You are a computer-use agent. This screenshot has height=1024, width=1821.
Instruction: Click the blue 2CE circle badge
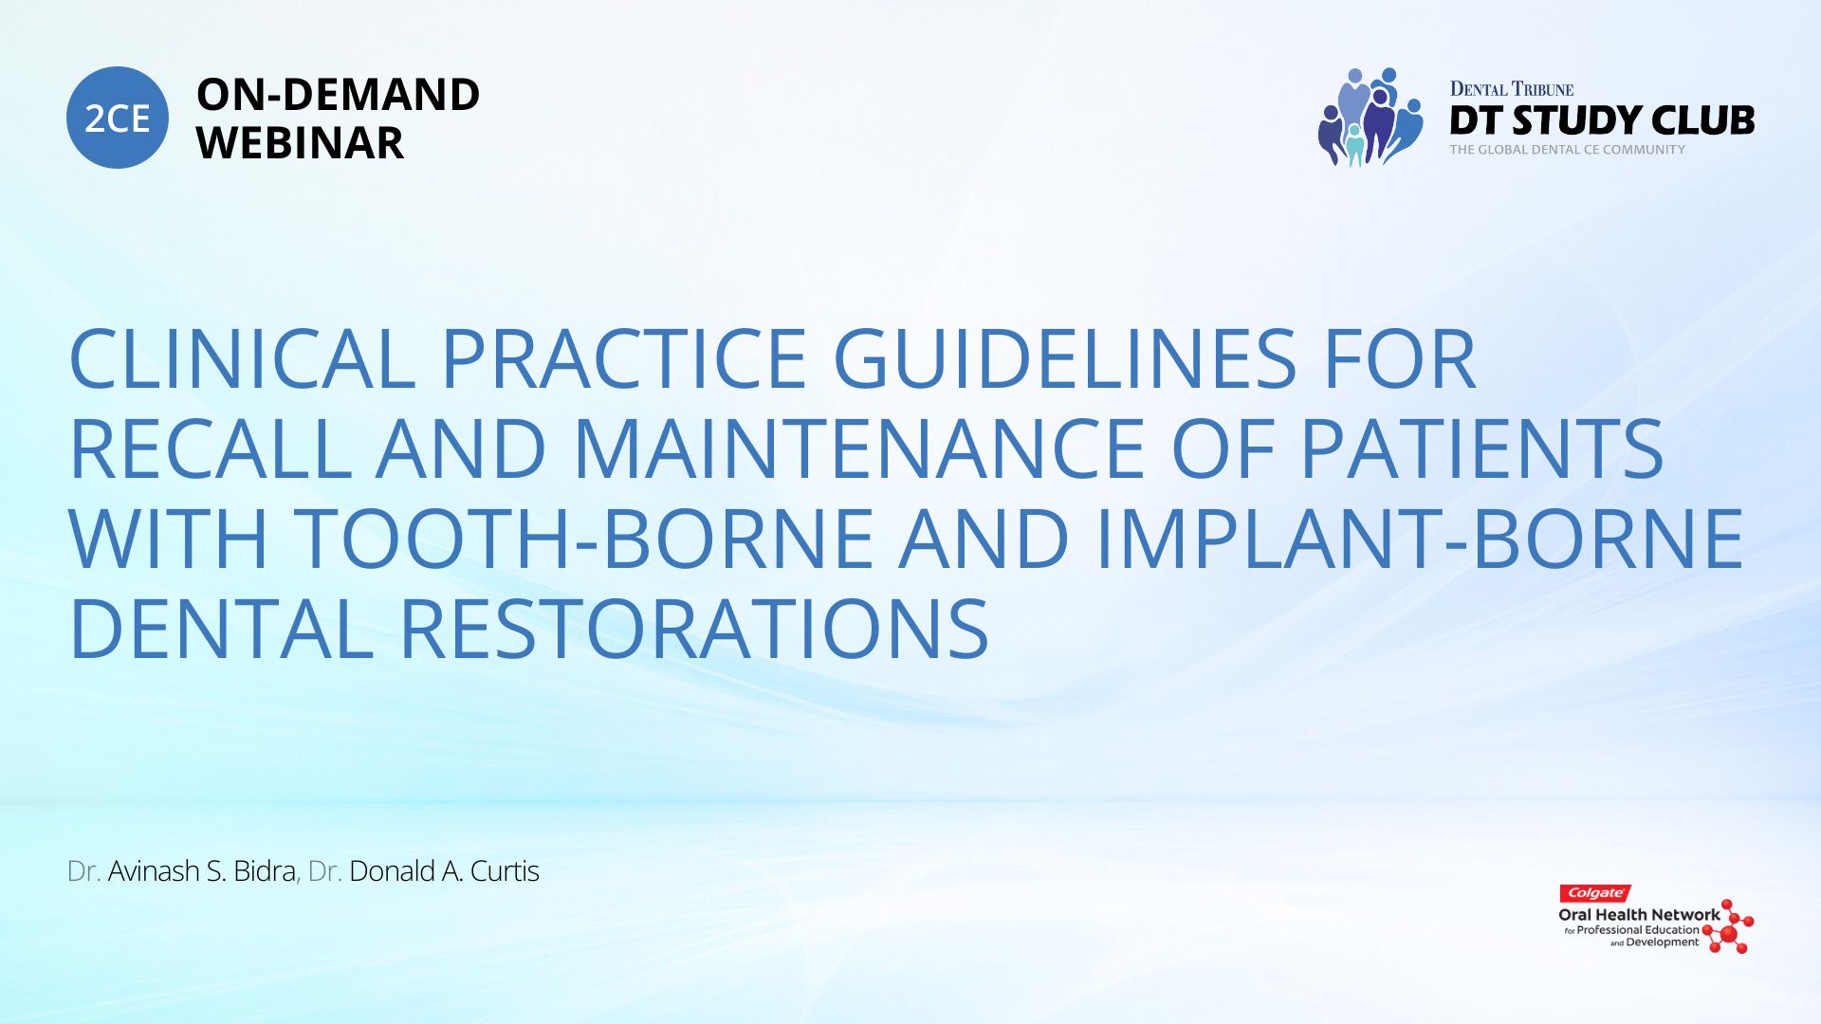pos(118,118)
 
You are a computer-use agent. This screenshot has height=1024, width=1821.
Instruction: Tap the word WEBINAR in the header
pos(300,143)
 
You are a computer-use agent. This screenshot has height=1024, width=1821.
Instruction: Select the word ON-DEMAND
pos(338,95)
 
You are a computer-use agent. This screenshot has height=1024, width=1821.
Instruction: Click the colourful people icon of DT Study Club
pos(1370,118)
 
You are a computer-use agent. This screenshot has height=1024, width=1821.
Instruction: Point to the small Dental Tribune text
pos(1512,89)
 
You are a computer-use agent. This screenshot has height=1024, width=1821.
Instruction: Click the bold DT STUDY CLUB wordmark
pos(1602,120)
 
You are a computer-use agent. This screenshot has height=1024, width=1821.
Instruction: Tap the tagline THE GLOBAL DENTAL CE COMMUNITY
pos(1567,150)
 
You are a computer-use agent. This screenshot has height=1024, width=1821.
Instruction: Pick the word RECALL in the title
pos(211,448)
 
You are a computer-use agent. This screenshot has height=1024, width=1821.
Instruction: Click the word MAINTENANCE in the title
pos(859,448)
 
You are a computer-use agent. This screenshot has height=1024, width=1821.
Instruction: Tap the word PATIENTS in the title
pos(1481,448)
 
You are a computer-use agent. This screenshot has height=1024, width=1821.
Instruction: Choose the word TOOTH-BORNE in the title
pos(583,539)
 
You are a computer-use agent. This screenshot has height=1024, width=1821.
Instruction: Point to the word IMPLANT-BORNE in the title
pos(1420,539)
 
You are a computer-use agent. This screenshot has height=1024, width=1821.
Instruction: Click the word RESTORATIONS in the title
pos(694,629)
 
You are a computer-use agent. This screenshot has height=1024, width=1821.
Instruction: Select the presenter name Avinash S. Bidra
pos(201,871)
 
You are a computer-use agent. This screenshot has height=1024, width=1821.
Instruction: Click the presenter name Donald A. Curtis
pos(444,871)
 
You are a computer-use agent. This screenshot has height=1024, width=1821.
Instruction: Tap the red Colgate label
pos(1595,893)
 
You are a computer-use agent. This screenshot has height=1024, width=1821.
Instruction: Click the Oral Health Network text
pos(1639,915)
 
